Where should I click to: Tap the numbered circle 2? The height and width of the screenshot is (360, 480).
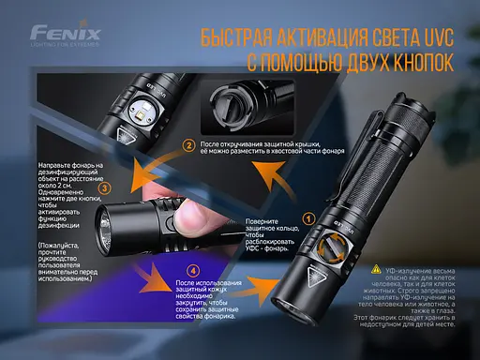190,145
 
